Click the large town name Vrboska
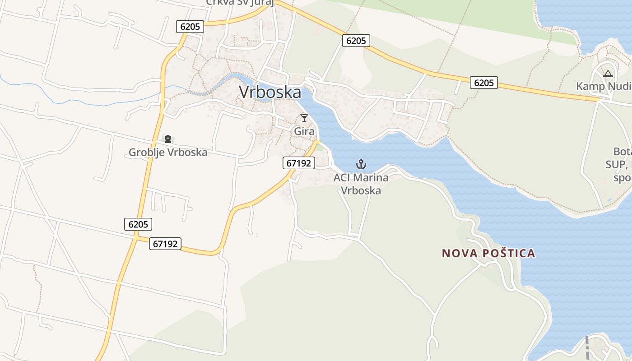point(270,92)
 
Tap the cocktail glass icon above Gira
point(304,118)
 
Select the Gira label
point(304,131)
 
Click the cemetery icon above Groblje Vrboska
point(168,139)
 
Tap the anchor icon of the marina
point(361,164)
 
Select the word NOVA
point(460,253)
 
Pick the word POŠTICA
point(509,253)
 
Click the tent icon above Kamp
point(608,74)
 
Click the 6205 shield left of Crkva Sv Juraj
point(190,27)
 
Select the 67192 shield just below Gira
point(299,163)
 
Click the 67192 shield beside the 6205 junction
point(166,244)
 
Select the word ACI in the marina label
point(342,177)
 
